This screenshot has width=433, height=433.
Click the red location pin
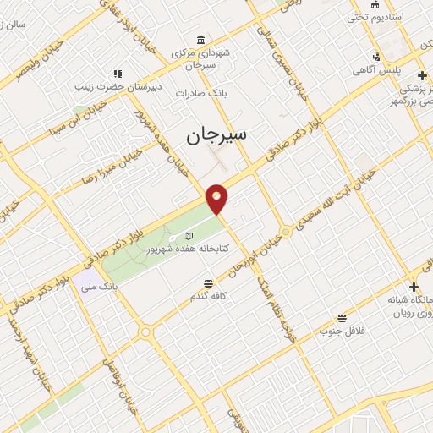tap(217, 199)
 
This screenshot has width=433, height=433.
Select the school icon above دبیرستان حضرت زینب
tap(118, 74)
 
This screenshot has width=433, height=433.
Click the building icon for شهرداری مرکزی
tap(200, 40)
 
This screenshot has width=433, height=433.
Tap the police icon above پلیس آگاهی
tap(375, 58)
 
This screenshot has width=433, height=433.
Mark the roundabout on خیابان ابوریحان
tap(286, 232)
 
